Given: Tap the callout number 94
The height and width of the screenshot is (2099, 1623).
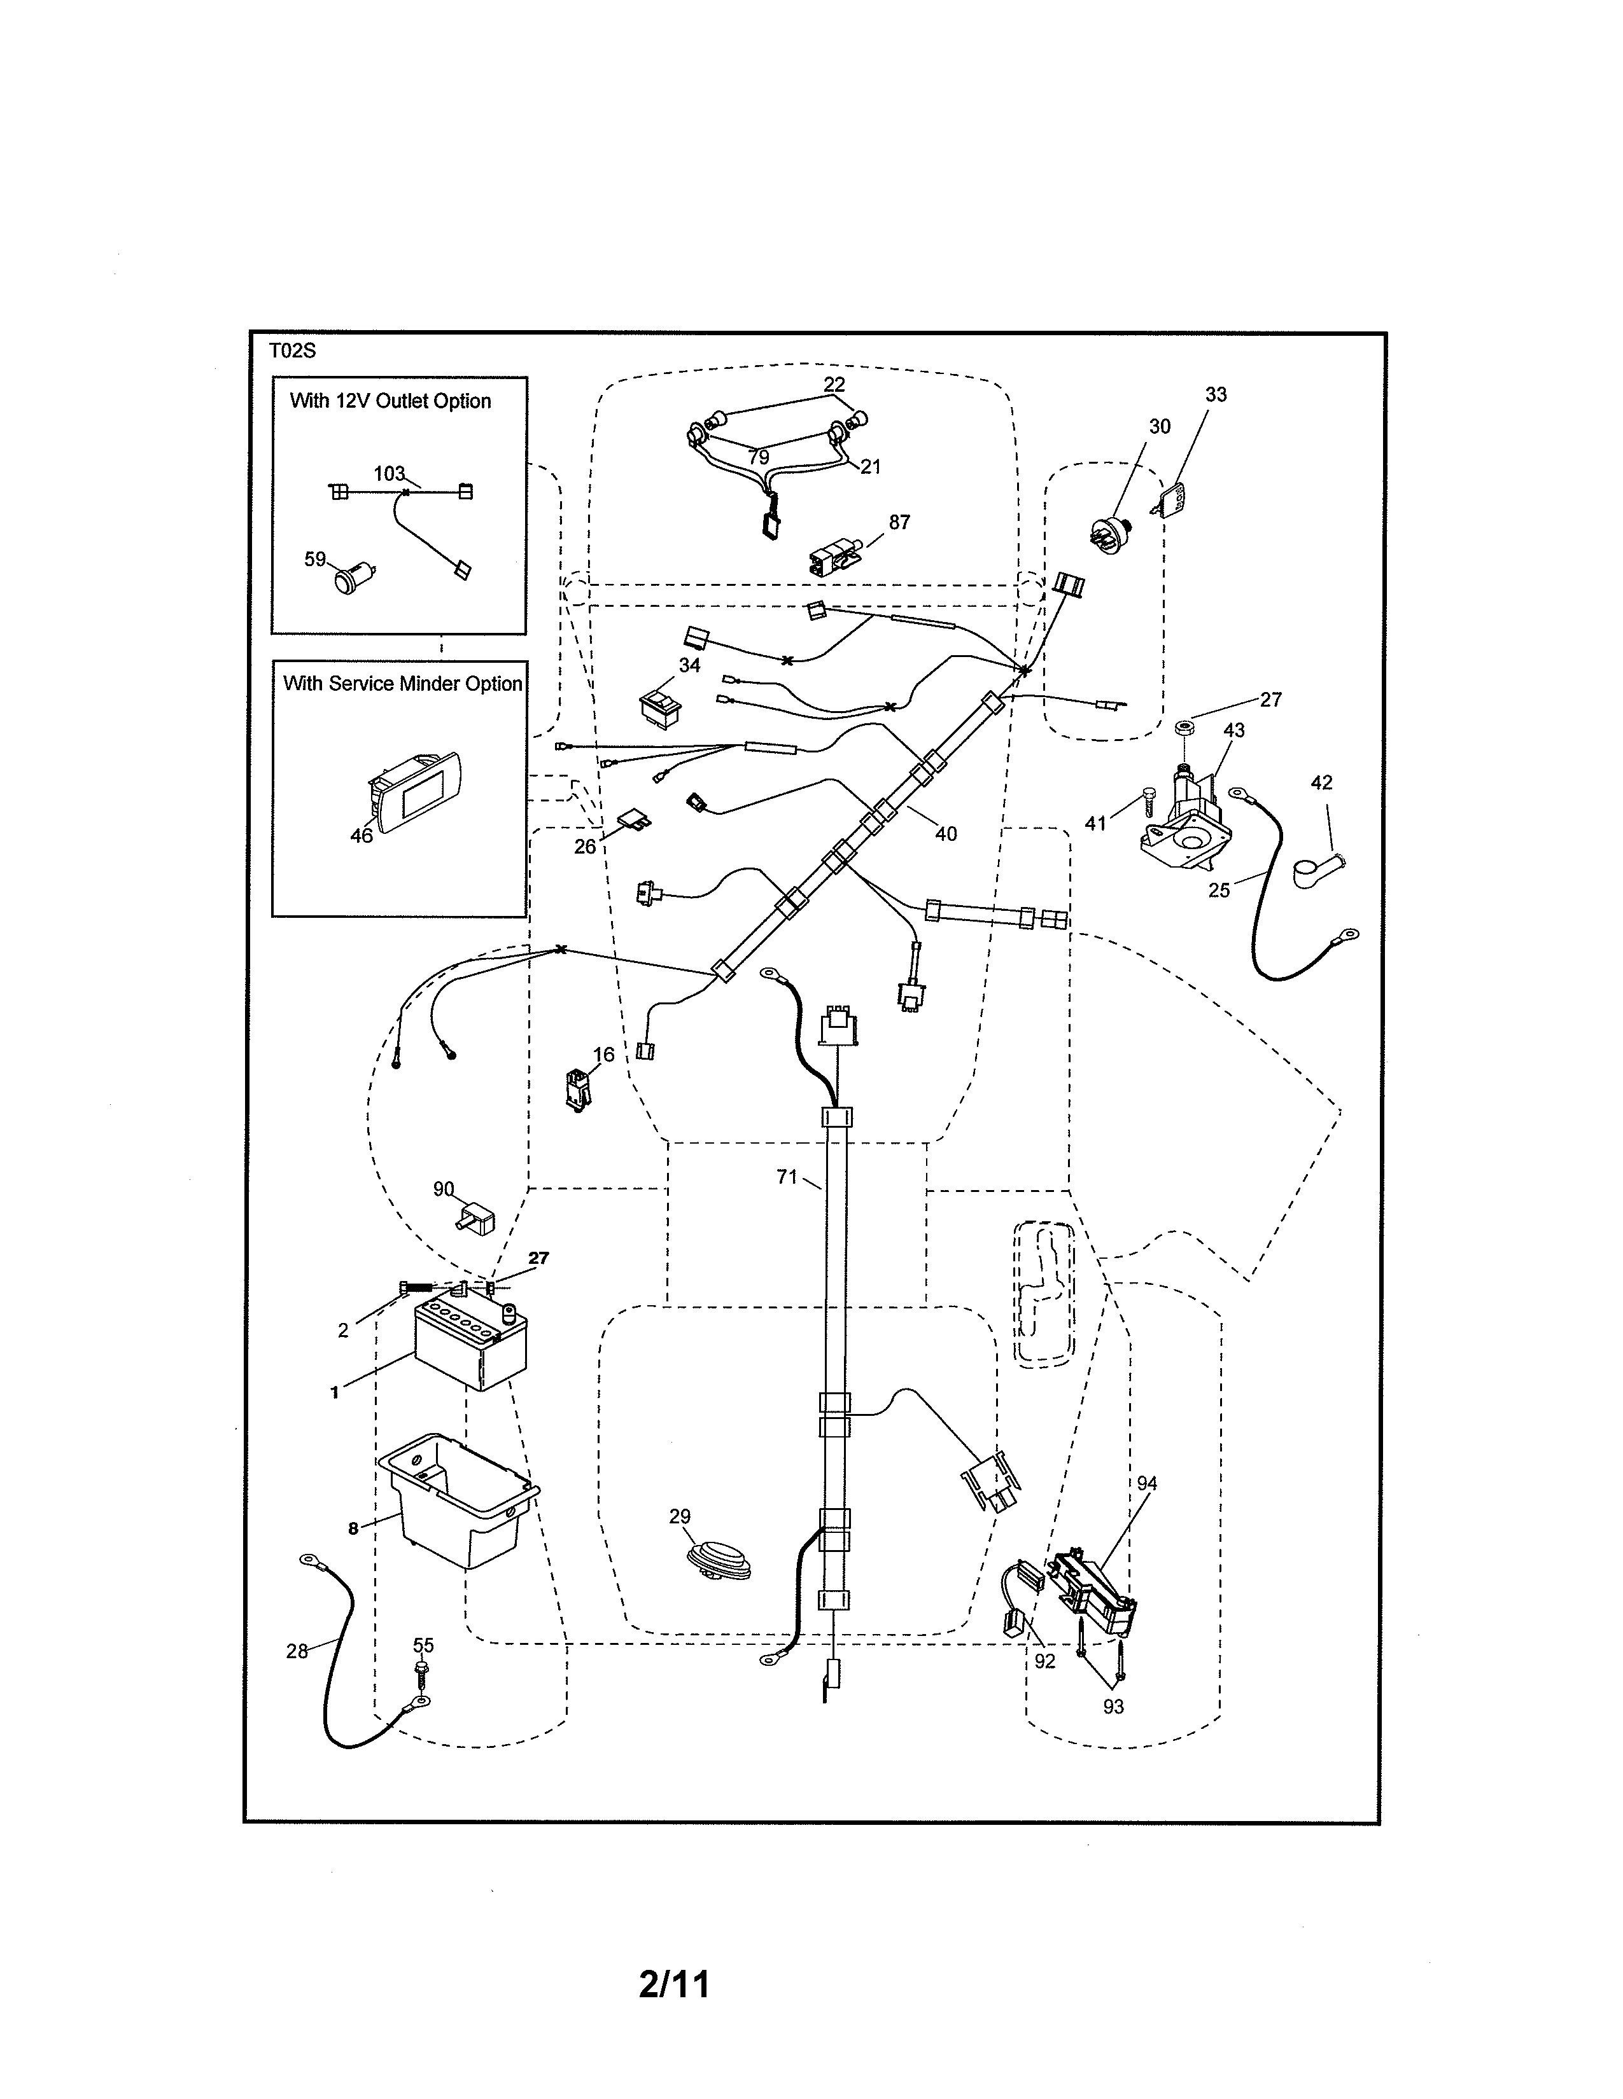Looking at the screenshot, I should tap(1147, 1484).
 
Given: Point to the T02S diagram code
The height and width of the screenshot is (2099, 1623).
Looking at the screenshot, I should tap(292, 351).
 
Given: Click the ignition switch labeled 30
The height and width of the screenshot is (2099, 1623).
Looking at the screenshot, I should tap(1113, 534).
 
